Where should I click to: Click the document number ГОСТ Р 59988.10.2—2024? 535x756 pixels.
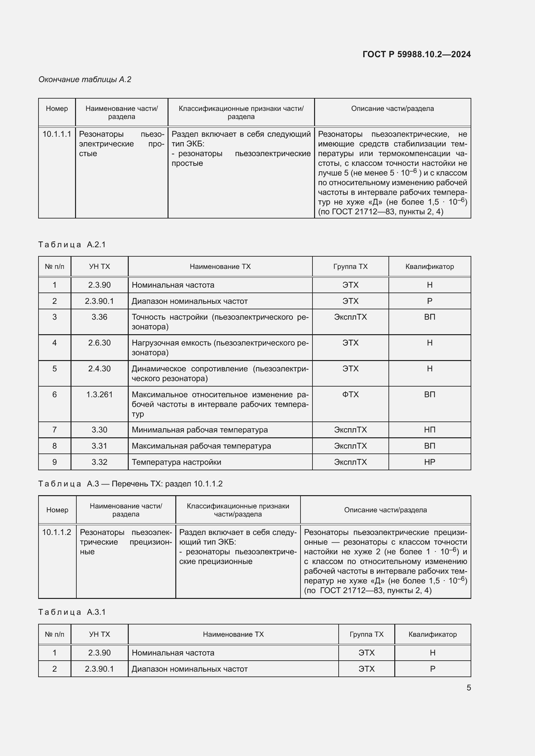416,54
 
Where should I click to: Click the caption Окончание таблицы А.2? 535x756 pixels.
85,80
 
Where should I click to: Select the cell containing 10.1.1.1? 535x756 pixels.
57,134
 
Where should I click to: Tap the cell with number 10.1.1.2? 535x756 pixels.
57,532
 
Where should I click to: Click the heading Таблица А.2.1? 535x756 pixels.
72,244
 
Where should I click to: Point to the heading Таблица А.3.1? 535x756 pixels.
72,612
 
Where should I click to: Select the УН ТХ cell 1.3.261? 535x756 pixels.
99,394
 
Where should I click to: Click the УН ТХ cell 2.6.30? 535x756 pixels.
99,343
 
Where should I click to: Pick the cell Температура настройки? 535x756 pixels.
176,462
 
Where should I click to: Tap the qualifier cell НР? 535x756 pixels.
430,462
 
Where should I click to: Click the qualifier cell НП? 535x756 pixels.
430,430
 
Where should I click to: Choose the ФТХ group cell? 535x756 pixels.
350,394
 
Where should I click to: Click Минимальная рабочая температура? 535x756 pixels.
200,430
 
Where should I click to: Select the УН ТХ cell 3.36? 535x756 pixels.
99,317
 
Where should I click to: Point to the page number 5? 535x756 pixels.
468,688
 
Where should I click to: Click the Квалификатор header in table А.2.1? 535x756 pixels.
430,266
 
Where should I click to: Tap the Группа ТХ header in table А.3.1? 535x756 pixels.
366,634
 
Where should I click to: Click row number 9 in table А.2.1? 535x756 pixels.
55,462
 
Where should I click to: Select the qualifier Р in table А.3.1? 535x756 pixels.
432,669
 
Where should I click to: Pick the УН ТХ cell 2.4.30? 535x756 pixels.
99,369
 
